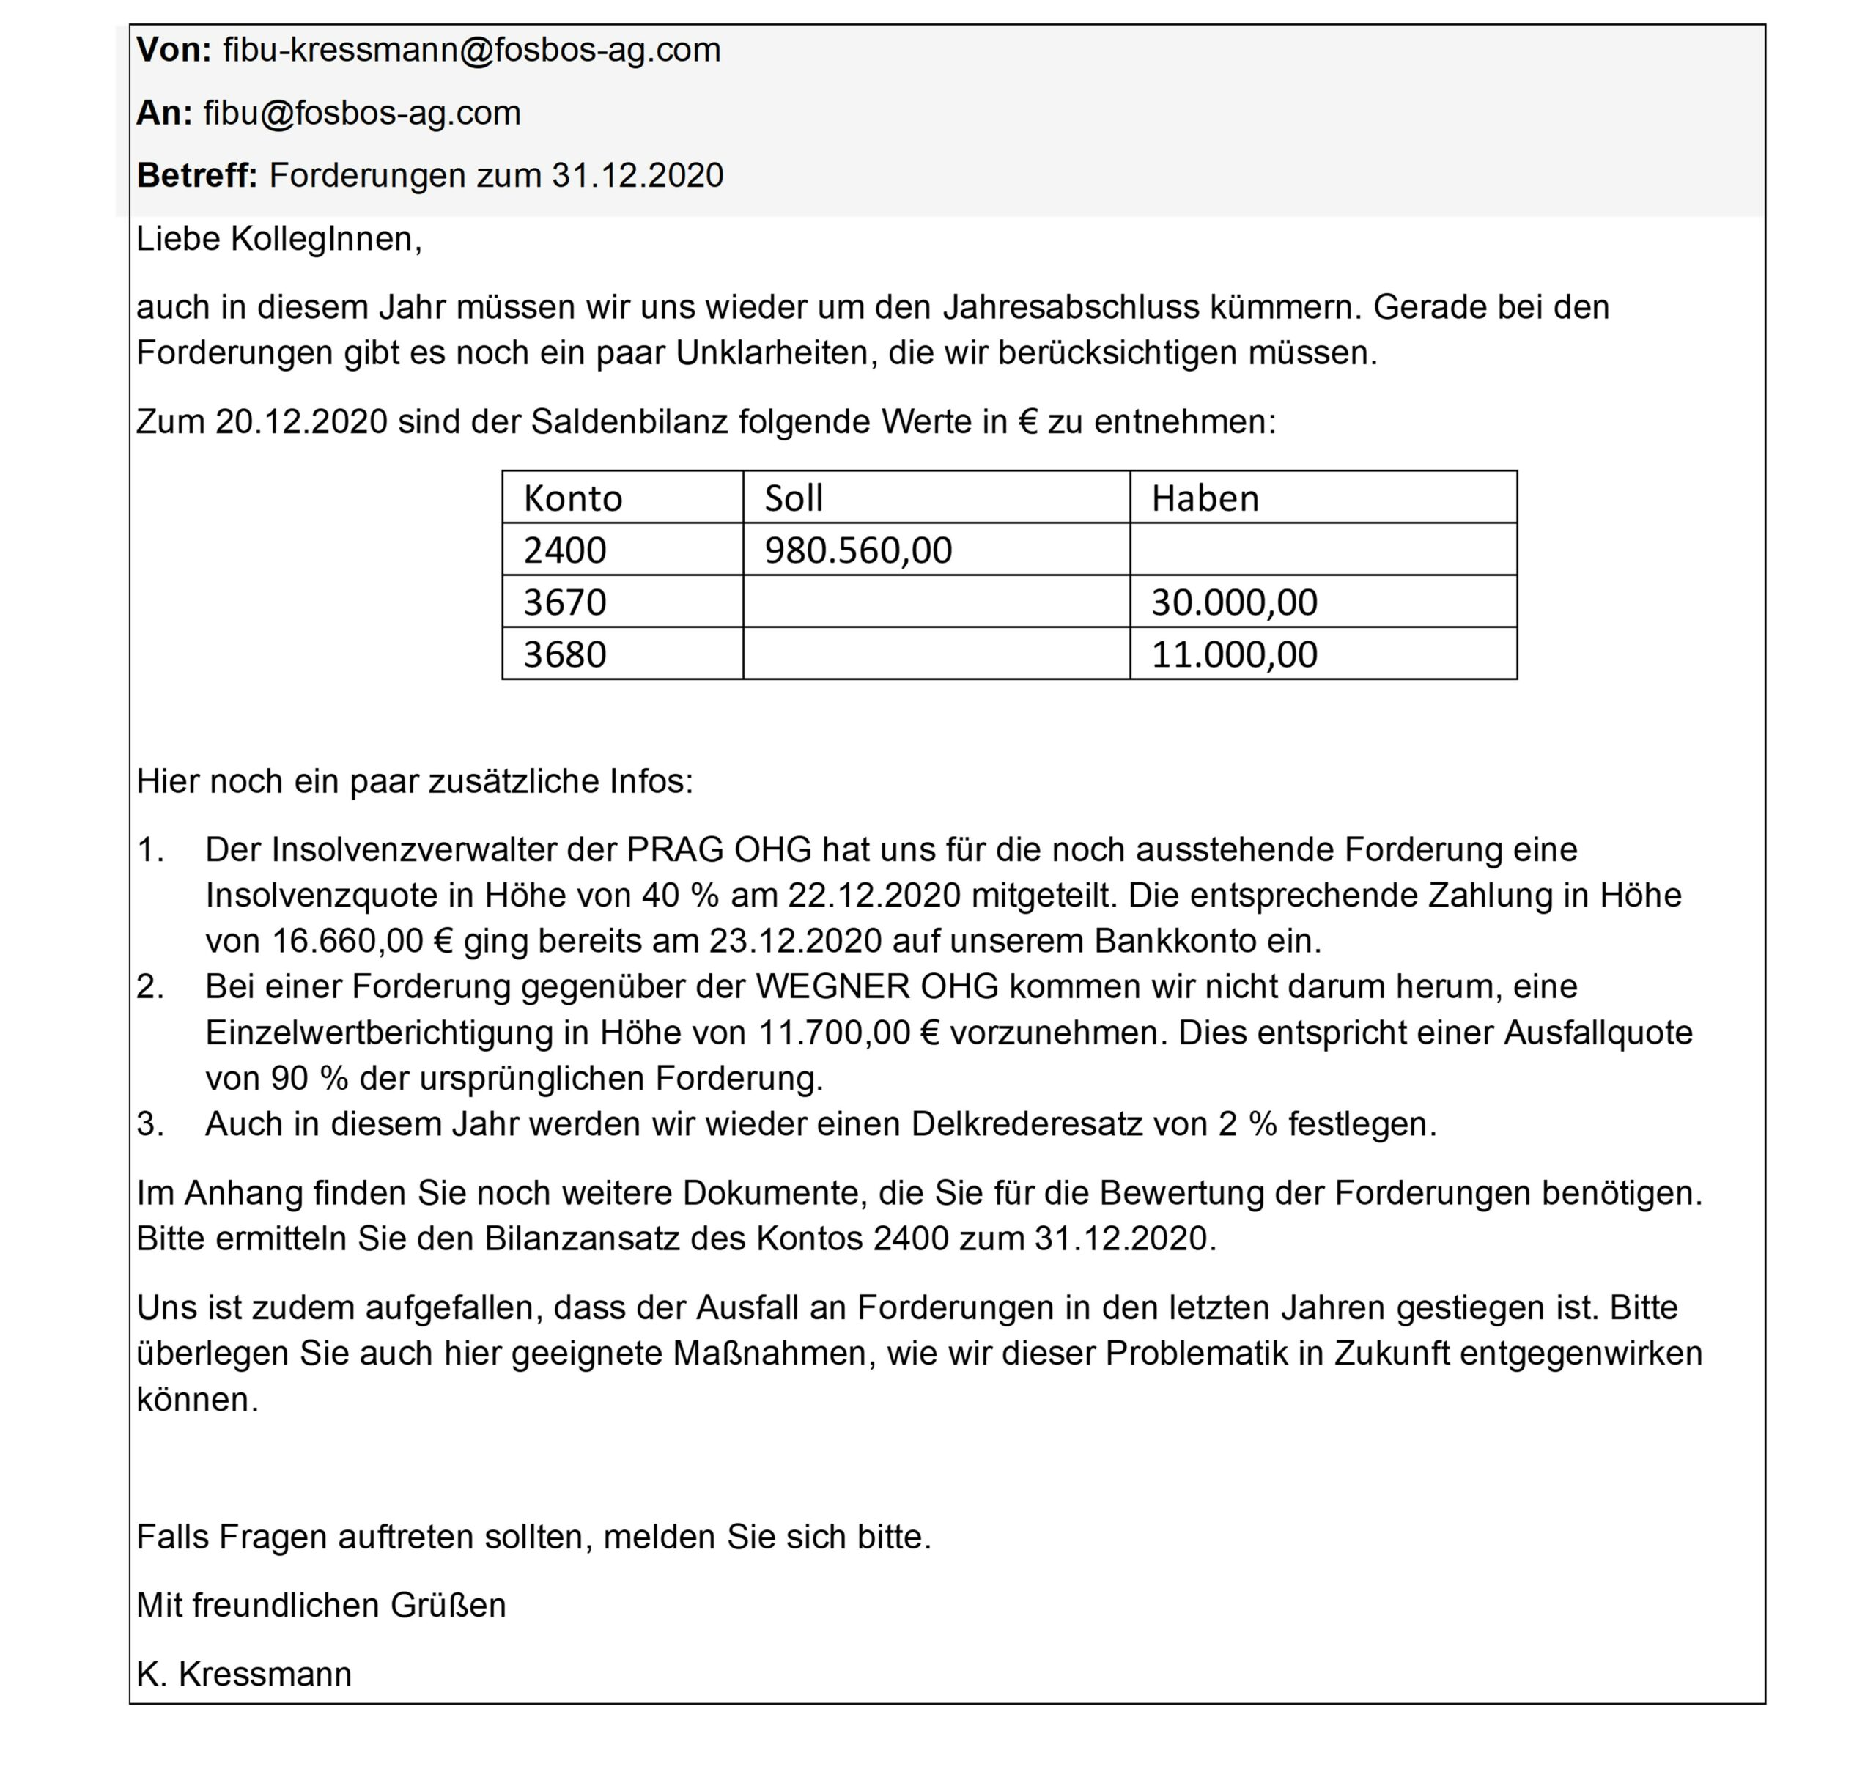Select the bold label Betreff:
[196, 175]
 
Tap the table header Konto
[572, 498]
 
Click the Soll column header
[794, 498]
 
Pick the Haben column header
[1204, 498]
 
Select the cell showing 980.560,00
[857, 550]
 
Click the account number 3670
[564, 602]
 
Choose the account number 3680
[564, 655]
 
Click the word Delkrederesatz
[1027, 1123]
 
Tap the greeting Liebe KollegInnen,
[278, 239]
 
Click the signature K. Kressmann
[243, 1674]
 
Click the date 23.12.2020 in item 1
[795, 941]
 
